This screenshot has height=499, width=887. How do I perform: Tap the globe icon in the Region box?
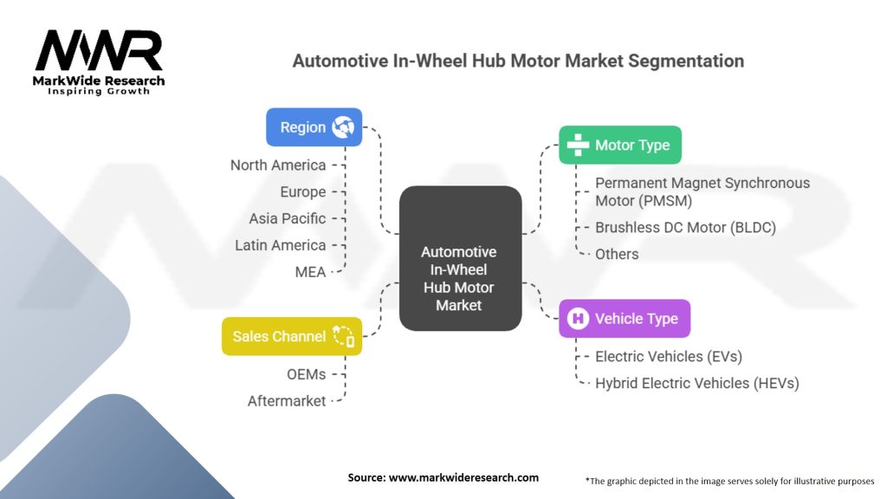pyautogui.click(x=342, y=127)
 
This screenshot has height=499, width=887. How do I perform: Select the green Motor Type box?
pyautogui.click(x=619, y=145)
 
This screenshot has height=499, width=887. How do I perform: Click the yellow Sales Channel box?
pyautogui.click(x=292, y=336)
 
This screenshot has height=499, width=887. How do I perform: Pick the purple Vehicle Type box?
pyautogui.click(x=624, y=319)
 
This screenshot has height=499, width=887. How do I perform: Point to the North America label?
pyautogui.click(x=278, y=165)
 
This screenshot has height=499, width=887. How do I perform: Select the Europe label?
pyautogui.click(x=303, y=191)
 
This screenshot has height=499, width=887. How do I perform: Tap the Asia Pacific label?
pyautogui.click(x=288, y=218)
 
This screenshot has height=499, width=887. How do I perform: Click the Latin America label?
pyautogui.click(x=281, y=245)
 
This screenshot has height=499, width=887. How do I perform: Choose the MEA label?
pyautogui.click(x=310, y=272)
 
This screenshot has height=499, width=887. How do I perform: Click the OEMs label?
pyautogui.click(x=307, y=373)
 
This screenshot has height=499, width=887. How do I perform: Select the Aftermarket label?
pyautogui.click(x=287, y=400)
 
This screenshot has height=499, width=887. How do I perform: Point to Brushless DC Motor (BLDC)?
pyautogui.click(x=685, y=228)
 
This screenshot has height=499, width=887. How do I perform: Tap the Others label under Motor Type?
pyautogui.click(x=617, y=254)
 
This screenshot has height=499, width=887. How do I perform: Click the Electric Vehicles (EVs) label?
pyautogui.click(x=669, y=356)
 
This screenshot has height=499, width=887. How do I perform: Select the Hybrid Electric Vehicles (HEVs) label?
pyautogui.click(x=696, y=383)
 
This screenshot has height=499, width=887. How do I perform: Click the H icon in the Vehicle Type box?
pyautogui.click(x=578, y=319)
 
